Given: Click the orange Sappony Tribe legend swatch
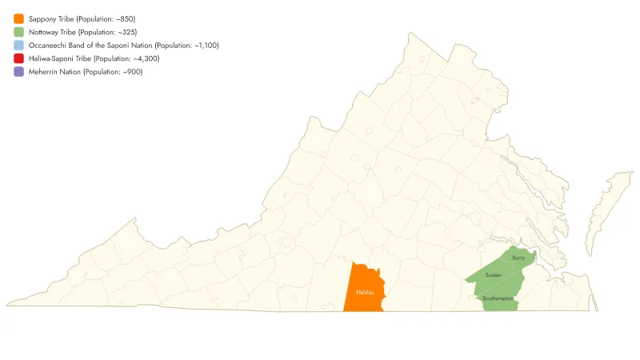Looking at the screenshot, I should click(18, 18).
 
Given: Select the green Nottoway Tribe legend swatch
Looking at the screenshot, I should click(18, 32).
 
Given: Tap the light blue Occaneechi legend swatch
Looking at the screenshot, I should click(18, 46).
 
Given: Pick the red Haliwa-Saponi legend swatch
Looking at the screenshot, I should click(18, 58).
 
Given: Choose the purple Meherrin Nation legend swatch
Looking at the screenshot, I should click(18, 72).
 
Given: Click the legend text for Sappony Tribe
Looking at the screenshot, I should click(50, 18).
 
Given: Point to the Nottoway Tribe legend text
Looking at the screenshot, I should click(51, 32).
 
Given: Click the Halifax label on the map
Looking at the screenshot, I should click(364, 292).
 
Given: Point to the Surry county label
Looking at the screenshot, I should click(518, 258).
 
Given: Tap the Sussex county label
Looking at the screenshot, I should click(493, 275).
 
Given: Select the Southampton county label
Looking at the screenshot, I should click(498, 298).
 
